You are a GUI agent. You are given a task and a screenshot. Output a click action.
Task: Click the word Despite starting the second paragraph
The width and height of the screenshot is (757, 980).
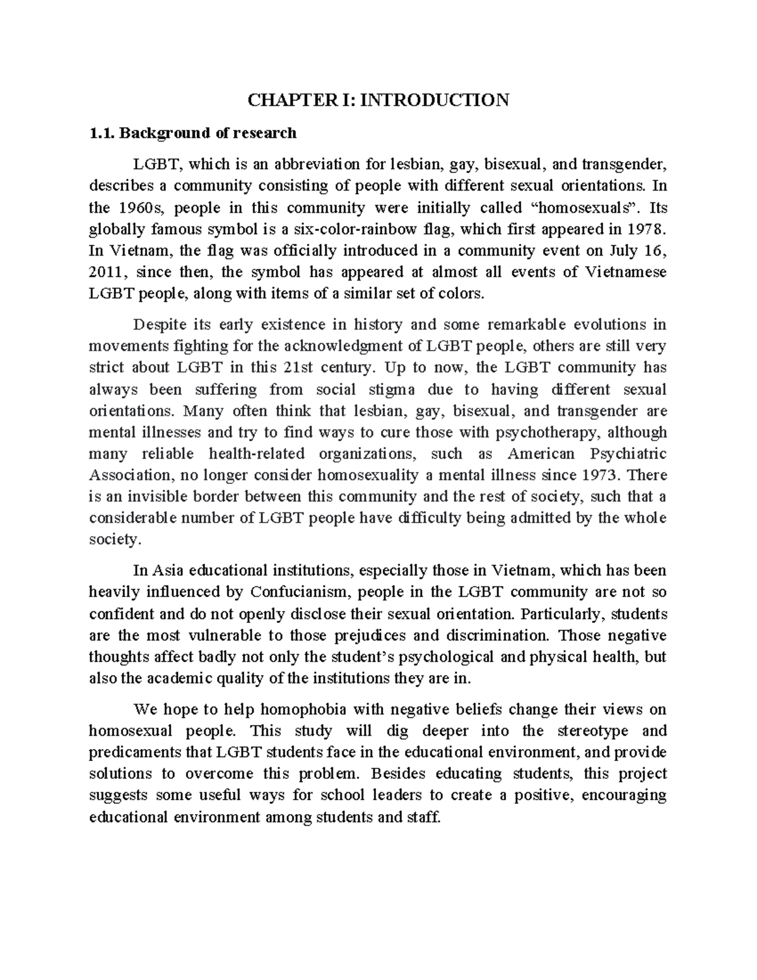pos(160,325)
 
